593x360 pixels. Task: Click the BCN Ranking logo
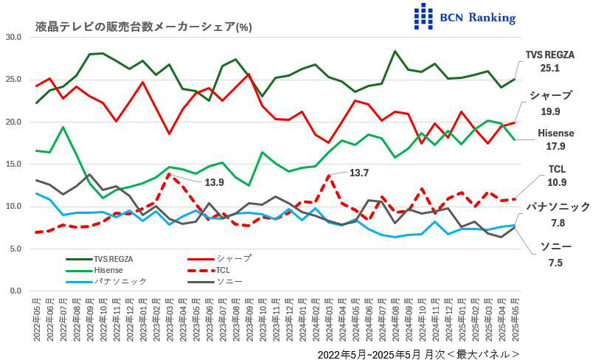(x=465, y=16)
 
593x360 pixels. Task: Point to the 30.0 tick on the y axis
(x=14, y=37)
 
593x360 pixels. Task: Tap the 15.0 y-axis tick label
(x=14, y=165)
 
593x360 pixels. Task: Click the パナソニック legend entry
(x=120, y=281)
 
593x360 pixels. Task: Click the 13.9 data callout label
(x=215, y=181)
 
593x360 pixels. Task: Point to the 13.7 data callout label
(x=358, y=173)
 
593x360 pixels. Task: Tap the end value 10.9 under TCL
(x=558, y=182)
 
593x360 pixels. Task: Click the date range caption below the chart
(x=418, y=353)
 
